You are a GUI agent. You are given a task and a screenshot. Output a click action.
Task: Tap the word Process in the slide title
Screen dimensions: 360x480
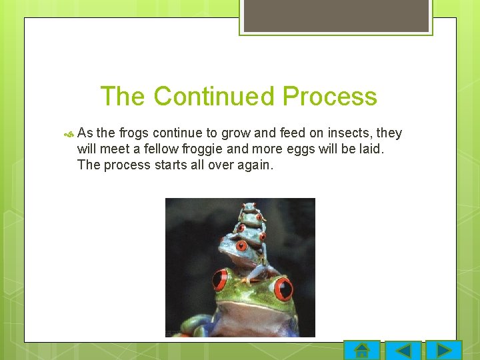click(x=329, y=97)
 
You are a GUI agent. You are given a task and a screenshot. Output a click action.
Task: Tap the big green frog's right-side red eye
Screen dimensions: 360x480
click(x=283, y=289)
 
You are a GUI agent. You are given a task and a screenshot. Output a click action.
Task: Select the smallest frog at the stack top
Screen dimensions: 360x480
click(x=250, y=208)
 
